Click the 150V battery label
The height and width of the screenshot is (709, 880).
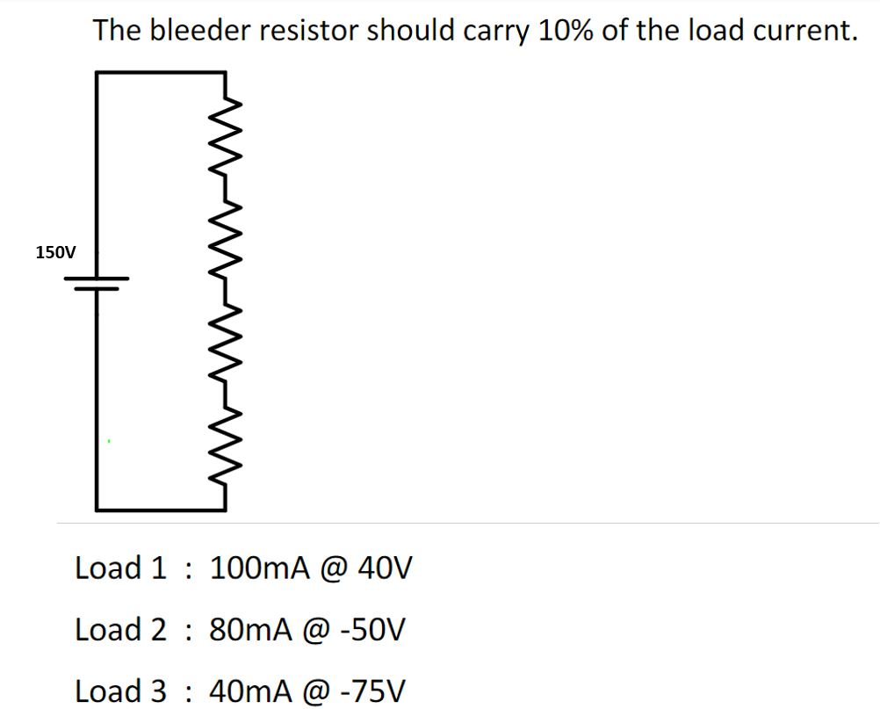(55, 253)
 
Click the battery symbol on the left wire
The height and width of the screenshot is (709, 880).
(97, 283)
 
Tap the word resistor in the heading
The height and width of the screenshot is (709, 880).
(317, 31)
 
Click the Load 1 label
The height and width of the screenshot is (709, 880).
(120, 568)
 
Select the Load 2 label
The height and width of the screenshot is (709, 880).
(120, 630)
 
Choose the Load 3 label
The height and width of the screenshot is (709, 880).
(120, 691)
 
